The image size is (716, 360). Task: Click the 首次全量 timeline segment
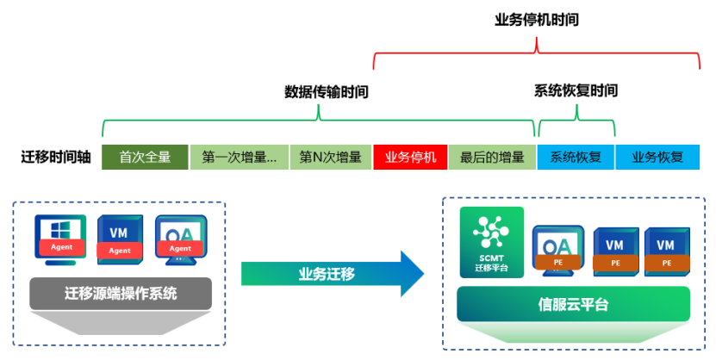click(145, 158)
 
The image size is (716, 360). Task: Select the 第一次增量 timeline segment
click(239, 158)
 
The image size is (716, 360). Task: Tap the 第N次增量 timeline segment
click(331, 158)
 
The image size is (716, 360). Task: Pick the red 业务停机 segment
click(410, 158)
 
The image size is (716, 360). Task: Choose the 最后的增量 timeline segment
click(492, 158)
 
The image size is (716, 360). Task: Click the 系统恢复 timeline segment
click(576, 158)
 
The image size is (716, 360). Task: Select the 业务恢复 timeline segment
click(657, 158)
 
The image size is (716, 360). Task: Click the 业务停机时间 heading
click(536, 19)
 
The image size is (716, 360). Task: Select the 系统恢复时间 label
click(576, 90)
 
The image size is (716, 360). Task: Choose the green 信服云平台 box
click(573, 304)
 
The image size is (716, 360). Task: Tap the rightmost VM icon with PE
click(665, 249)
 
